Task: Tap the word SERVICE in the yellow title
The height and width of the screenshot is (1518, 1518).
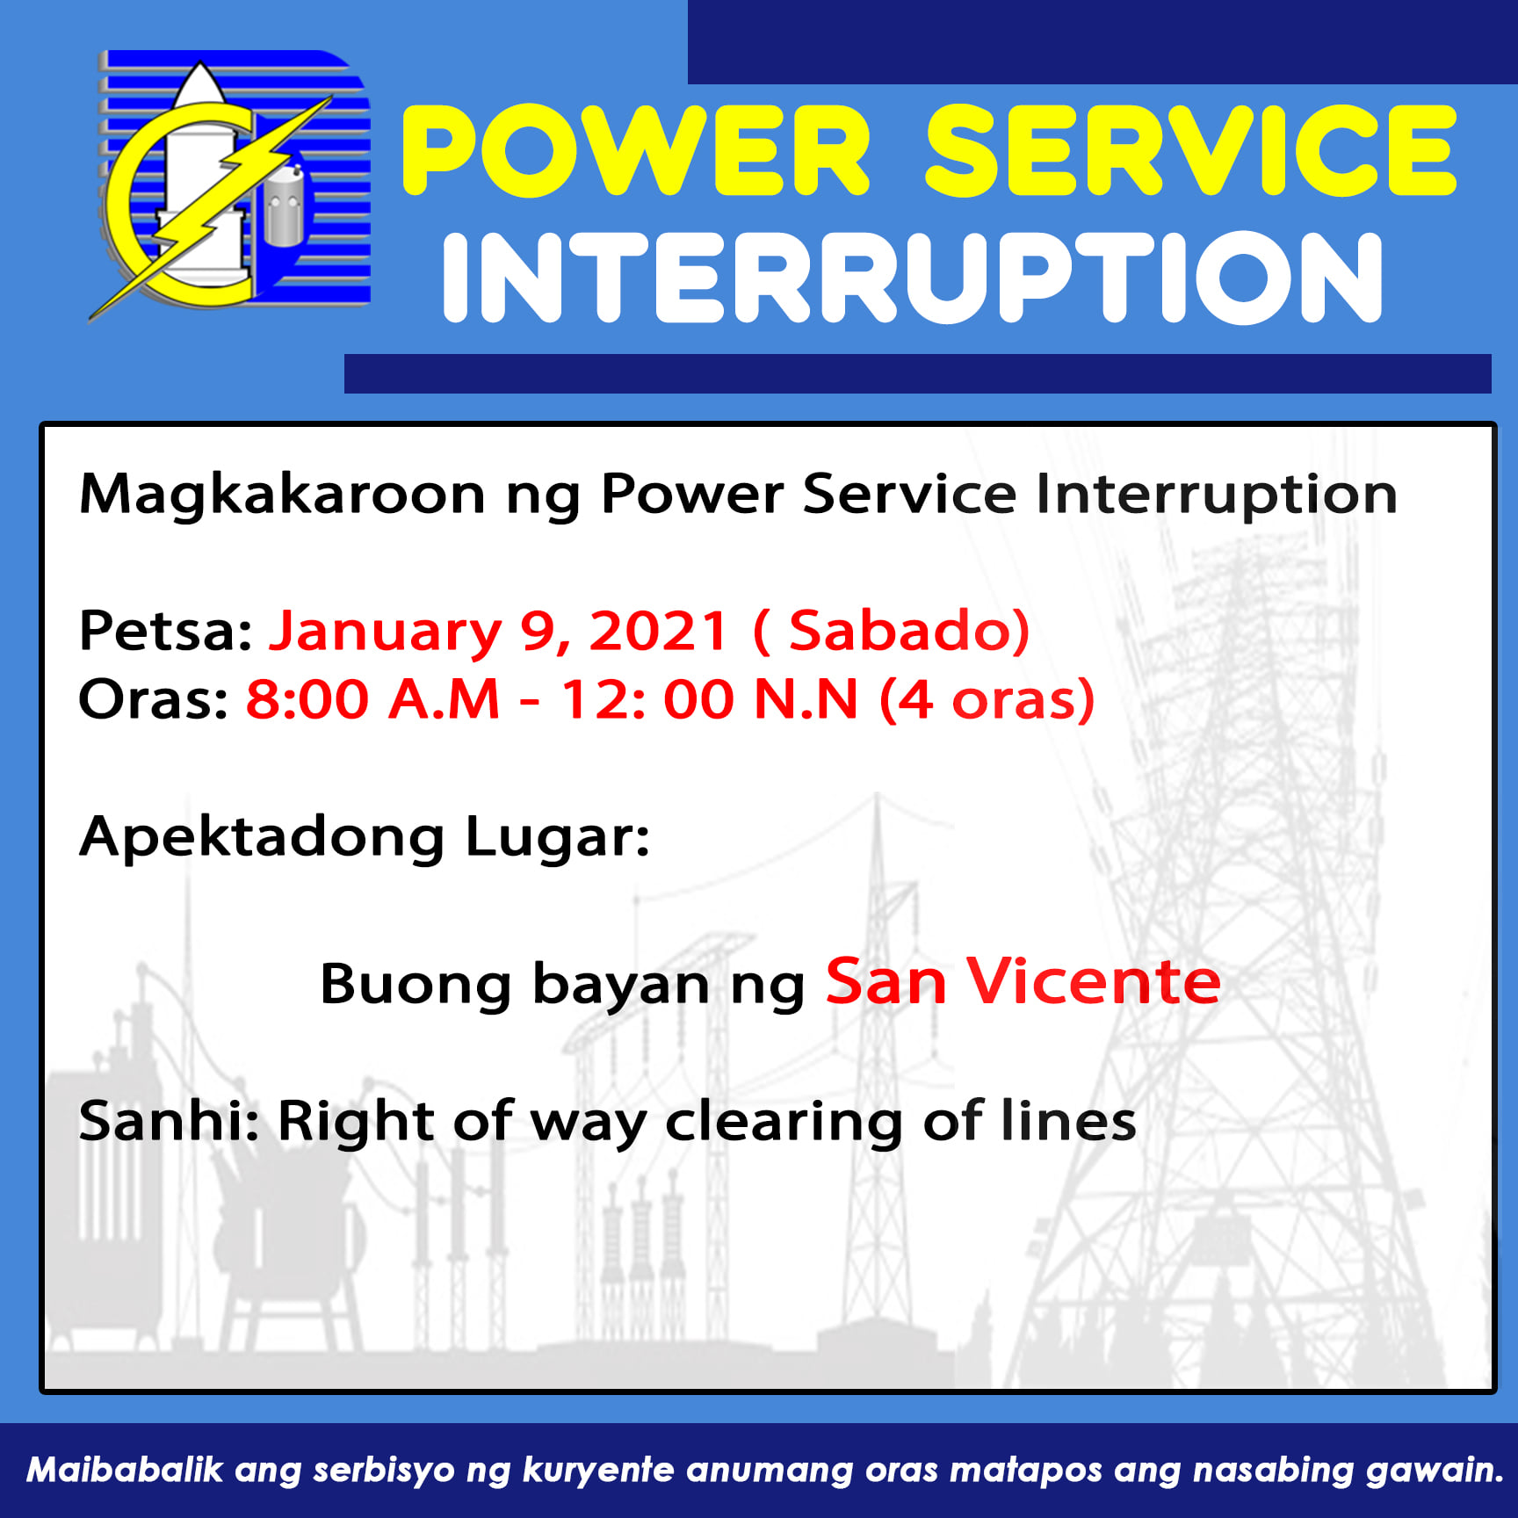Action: [x=1190, y=150]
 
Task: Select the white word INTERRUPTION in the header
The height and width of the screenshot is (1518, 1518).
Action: [x=913, y=278]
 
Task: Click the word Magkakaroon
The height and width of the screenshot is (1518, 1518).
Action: [x=282, y=495]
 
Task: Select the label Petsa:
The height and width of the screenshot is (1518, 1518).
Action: [x=166, y=631]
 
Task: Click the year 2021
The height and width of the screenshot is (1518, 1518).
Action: [x=659, y=631]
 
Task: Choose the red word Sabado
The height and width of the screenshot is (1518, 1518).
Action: [x=900, y=631]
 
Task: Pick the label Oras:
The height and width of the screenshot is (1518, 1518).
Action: [x=154, y=699]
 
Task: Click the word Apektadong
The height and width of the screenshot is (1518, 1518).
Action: [x=262, y=838]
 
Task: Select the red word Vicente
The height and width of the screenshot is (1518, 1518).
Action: [x=1094, y=981]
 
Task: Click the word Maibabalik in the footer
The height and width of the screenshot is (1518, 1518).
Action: [x=125, y=1470]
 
